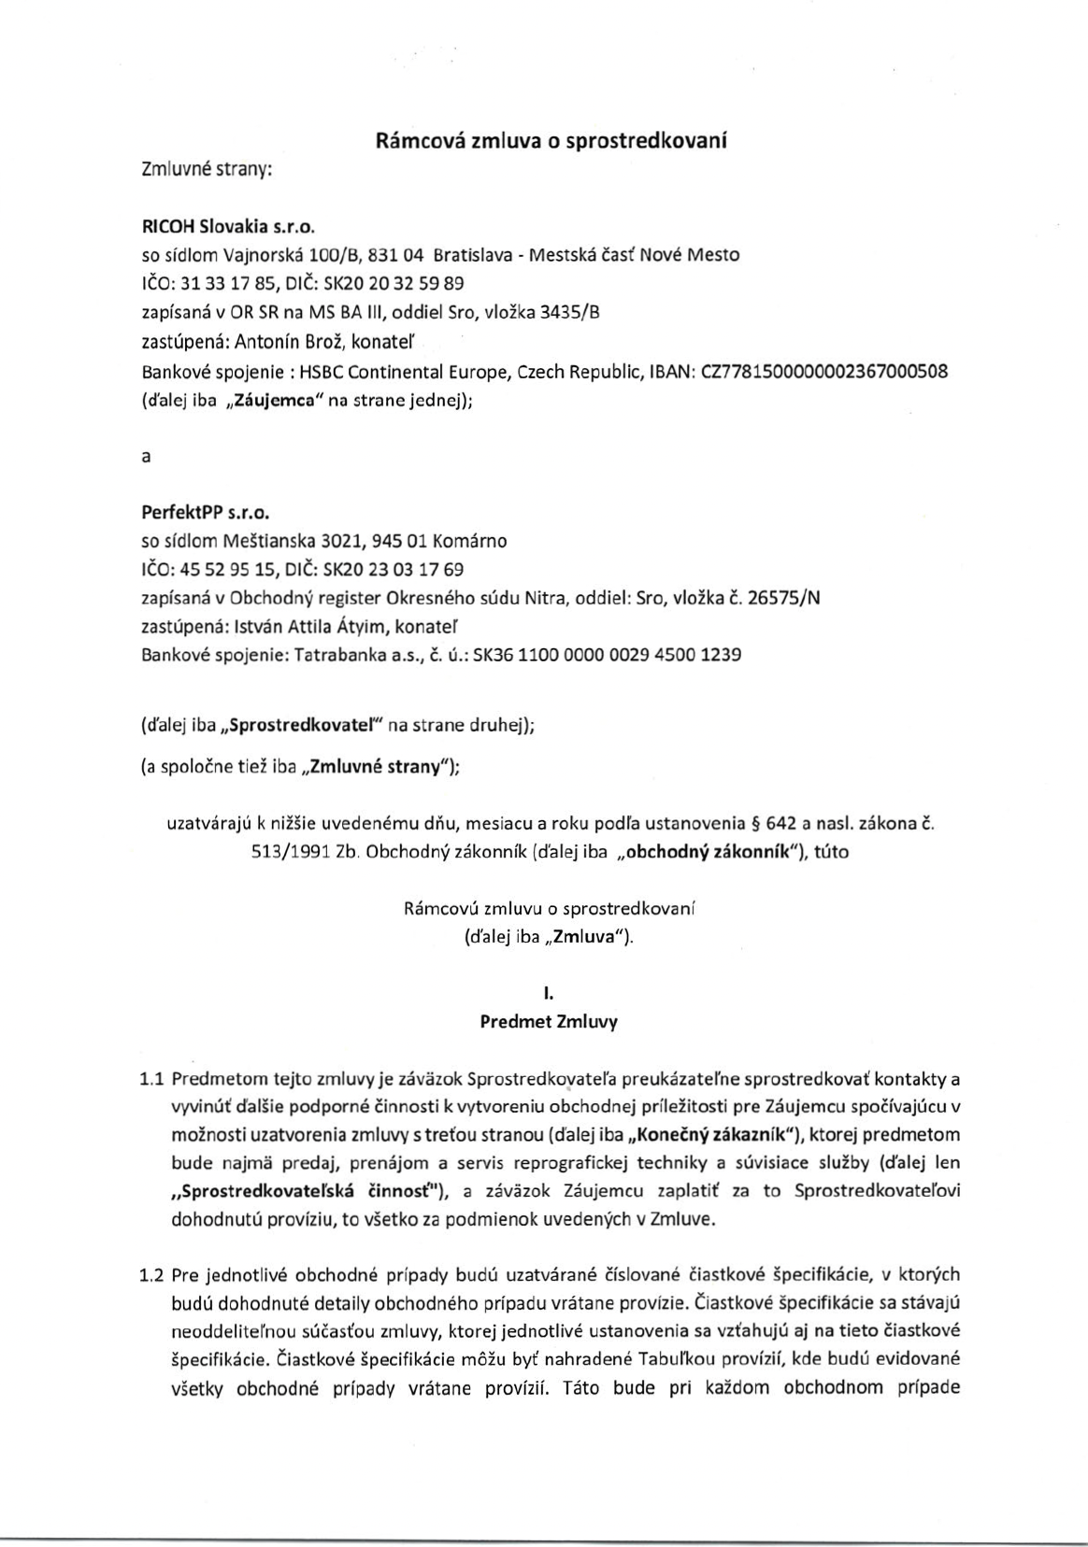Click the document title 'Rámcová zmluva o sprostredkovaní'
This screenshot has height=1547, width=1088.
pyautogui.click(x=551, y=141)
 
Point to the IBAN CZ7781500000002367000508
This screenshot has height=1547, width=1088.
pyautogui.click(x=823, y=370)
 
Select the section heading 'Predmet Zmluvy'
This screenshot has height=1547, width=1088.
pyautogui.click(x=549, y=1021)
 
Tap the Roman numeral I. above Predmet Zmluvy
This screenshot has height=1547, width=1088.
pyautogui.click(x=549, y=996)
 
